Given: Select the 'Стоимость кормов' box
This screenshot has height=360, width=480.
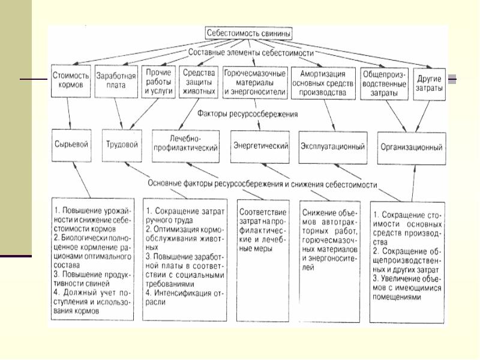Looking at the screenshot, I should (71, 80).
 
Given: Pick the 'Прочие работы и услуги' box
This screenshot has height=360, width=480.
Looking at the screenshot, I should (159, 81).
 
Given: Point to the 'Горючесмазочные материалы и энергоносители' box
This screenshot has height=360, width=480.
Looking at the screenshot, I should (255, 81).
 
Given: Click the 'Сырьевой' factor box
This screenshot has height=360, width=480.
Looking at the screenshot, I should (71, 146).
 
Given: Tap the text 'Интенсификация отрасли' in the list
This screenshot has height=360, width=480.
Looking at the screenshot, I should (180, 298).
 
